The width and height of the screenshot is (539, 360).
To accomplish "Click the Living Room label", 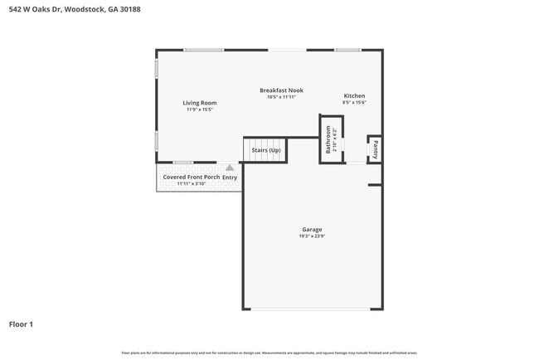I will pos(199,103).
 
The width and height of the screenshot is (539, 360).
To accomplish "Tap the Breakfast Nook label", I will pos(281,90).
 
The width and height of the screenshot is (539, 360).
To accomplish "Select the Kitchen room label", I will pos(354,96).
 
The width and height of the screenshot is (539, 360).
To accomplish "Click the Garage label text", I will pos(312,230).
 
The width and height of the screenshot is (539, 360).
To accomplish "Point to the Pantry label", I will pos(375,149).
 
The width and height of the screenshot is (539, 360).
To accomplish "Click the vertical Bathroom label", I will pos(329,139).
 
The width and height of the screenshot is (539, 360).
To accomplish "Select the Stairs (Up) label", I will pos(265,150).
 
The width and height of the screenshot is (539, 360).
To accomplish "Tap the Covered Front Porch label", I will pos(191,177).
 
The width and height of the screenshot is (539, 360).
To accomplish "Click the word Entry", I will pos(230,178).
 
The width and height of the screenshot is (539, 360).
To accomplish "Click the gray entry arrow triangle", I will pos(230,168).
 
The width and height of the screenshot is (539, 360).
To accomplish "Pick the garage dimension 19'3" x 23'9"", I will pos(312,237).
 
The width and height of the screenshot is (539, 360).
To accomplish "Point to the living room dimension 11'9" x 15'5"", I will pos(199,109).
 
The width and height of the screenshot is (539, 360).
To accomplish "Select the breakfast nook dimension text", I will pos(281,97).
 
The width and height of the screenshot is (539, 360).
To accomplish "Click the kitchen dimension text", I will pos(354,103).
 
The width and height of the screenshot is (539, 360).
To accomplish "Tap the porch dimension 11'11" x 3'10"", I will pos(191,184).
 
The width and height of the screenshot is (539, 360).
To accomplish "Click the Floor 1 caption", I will pos(21,324).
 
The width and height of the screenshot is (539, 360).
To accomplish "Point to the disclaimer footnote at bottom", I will pos(269,353).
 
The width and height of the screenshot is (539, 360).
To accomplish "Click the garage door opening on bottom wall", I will pos(312,309).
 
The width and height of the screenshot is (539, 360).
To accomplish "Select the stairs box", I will pos(265,150).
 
